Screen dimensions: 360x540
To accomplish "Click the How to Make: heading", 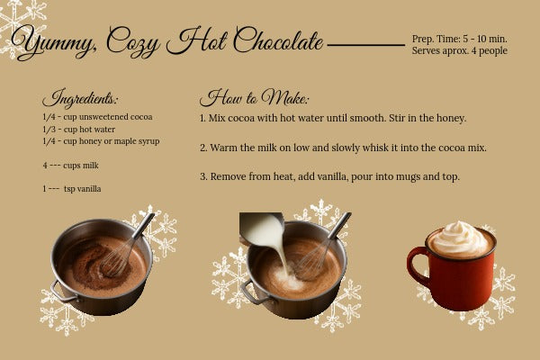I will point(255,98).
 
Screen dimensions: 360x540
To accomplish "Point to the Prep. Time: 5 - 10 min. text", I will point(459,39).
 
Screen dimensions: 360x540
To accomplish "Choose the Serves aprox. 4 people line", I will point(459,51).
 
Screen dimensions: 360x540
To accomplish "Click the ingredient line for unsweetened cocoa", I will point(97,117).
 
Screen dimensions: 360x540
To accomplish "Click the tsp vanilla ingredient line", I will point(72,189).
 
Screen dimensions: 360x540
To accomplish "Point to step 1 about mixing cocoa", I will point(332,118).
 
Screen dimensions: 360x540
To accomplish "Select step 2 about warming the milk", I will point(343,147).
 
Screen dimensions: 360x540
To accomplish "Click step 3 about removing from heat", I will point(329,176).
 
